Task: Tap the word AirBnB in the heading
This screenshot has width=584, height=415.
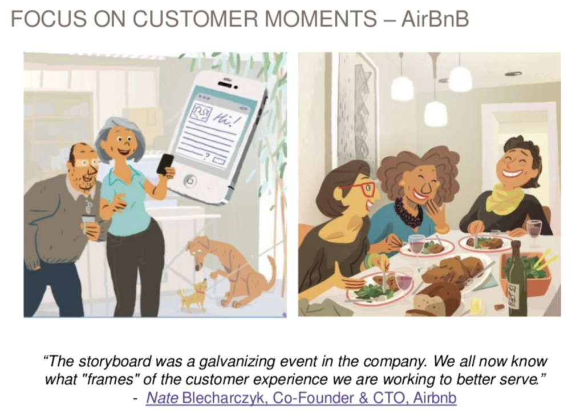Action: click(435, 19)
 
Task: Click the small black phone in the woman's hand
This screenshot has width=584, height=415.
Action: click(165, 164)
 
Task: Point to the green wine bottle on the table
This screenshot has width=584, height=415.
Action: click(517, 279)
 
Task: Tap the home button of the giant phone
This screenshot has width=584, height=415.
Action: click(190, 181)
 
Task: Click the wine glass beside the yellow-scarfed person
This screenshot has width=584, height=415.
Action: click(534, 233)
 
